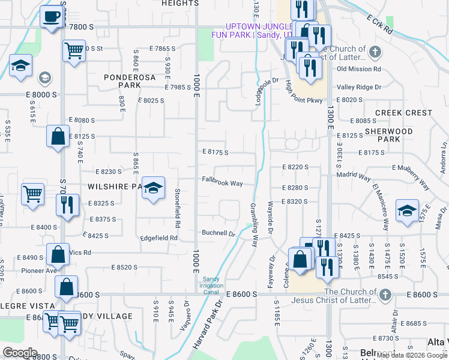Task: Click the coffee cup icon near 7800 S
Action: tap(52, 16)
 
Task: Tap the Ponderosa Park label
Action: tap(130, 81)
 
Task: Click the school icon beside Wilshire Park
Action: tap(153, 188)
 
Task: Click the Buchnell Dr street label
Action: tap(218, 233)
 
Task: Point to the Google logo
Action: tap(20, 352)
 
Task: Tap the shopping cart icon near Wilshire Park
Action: tap(33, 194)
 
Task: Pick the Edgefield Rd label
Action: tap(158, 238)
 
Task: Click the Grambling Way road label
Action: tap(253, 225)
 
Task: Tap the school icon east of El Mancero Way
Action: tap(407, 211)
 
